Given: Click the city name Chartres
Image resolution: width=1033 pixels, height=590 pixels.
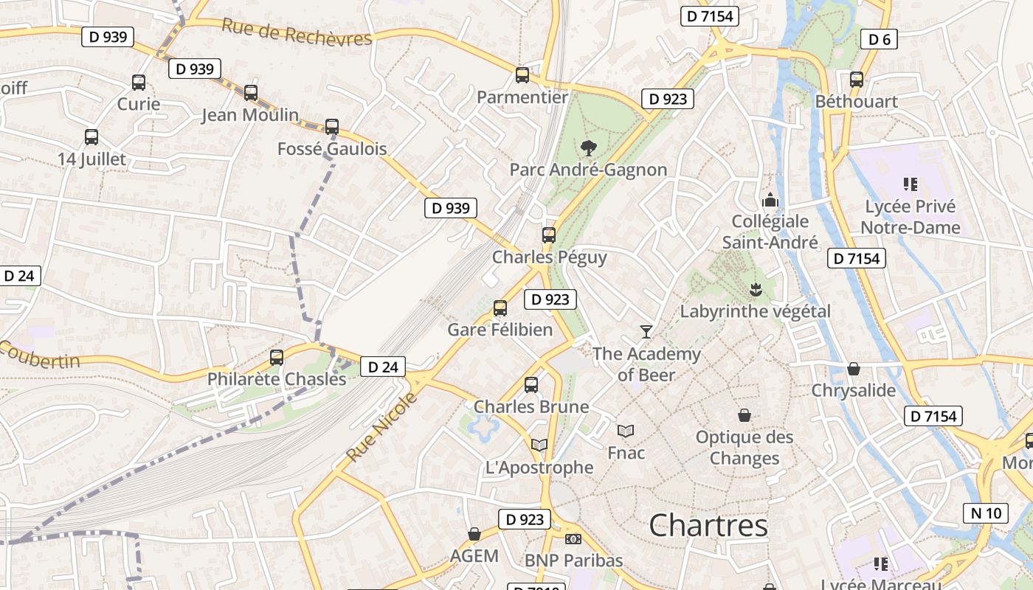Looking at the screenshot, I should (x=708, y=526).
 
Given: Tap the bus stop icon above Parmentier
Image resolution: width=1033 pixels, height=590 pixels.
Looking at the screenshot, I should (x=522, y=75).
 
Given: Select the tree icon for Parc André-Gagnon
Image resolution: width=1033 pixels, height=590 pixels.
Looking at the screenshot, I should (x=588, y=148).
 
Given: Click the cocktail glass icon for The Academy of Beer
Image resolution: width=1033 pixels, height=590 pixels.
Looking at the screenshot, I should (x=646, y=332).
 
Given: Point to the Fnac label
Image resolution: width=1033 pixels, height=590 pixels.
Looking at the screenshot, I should (x=626, y=453).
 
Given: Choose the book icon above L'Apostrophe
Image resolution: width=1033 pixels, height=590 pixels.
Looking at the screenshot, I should (x=539, y=445).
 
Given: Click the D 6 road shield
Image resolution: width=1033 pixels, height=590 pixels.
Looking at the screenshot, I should (x=879, y=40).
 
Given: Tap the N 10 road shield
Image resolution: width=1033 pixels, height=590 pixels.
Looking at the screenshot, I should (x=986, y=513).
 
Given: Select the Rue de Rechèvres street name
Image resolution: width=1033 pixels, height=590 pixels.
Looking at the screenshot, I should (x=297, y=33).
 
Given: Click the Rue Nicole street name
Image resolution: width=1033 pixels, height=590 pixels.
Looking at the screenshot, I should (x=381, y=428).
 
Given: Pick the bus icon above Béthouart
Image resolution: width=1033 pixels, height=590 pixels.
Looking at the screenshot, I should (x=856, y=80).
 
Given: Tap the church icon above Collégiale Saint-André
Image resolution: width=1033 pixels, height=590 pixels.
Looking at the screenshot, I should (x=770, y=200).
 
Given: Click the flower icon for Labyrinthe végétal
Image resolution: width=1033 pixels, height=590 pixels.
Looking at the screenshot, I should (x=755, y=289).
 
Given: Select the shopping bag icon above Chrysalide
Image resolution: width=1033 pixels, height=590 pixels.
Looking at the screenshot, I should (x=854, y=369).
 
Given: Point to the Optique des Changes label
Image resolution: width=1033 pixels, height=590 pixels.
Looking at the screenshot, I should (x=744, y=448).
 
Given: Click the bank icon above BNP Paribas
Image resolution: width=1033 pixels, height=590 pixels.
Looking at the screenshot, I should (x=573, y=539).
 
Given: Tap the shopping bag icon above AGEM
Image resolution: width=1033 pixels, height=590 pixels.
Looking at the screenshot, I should (x=474, y=534).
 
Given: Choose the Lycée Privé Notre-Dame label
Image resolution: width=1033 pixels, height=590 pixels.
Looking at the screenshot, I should (x=911, y=217).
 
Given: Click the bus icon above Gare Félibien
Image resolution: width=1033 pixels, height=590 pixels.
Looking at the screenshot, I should (x=500, y=308).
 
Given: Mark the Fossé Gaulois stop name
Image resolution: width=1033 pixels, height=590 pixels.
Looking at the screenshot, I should (x=332, y=149).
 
